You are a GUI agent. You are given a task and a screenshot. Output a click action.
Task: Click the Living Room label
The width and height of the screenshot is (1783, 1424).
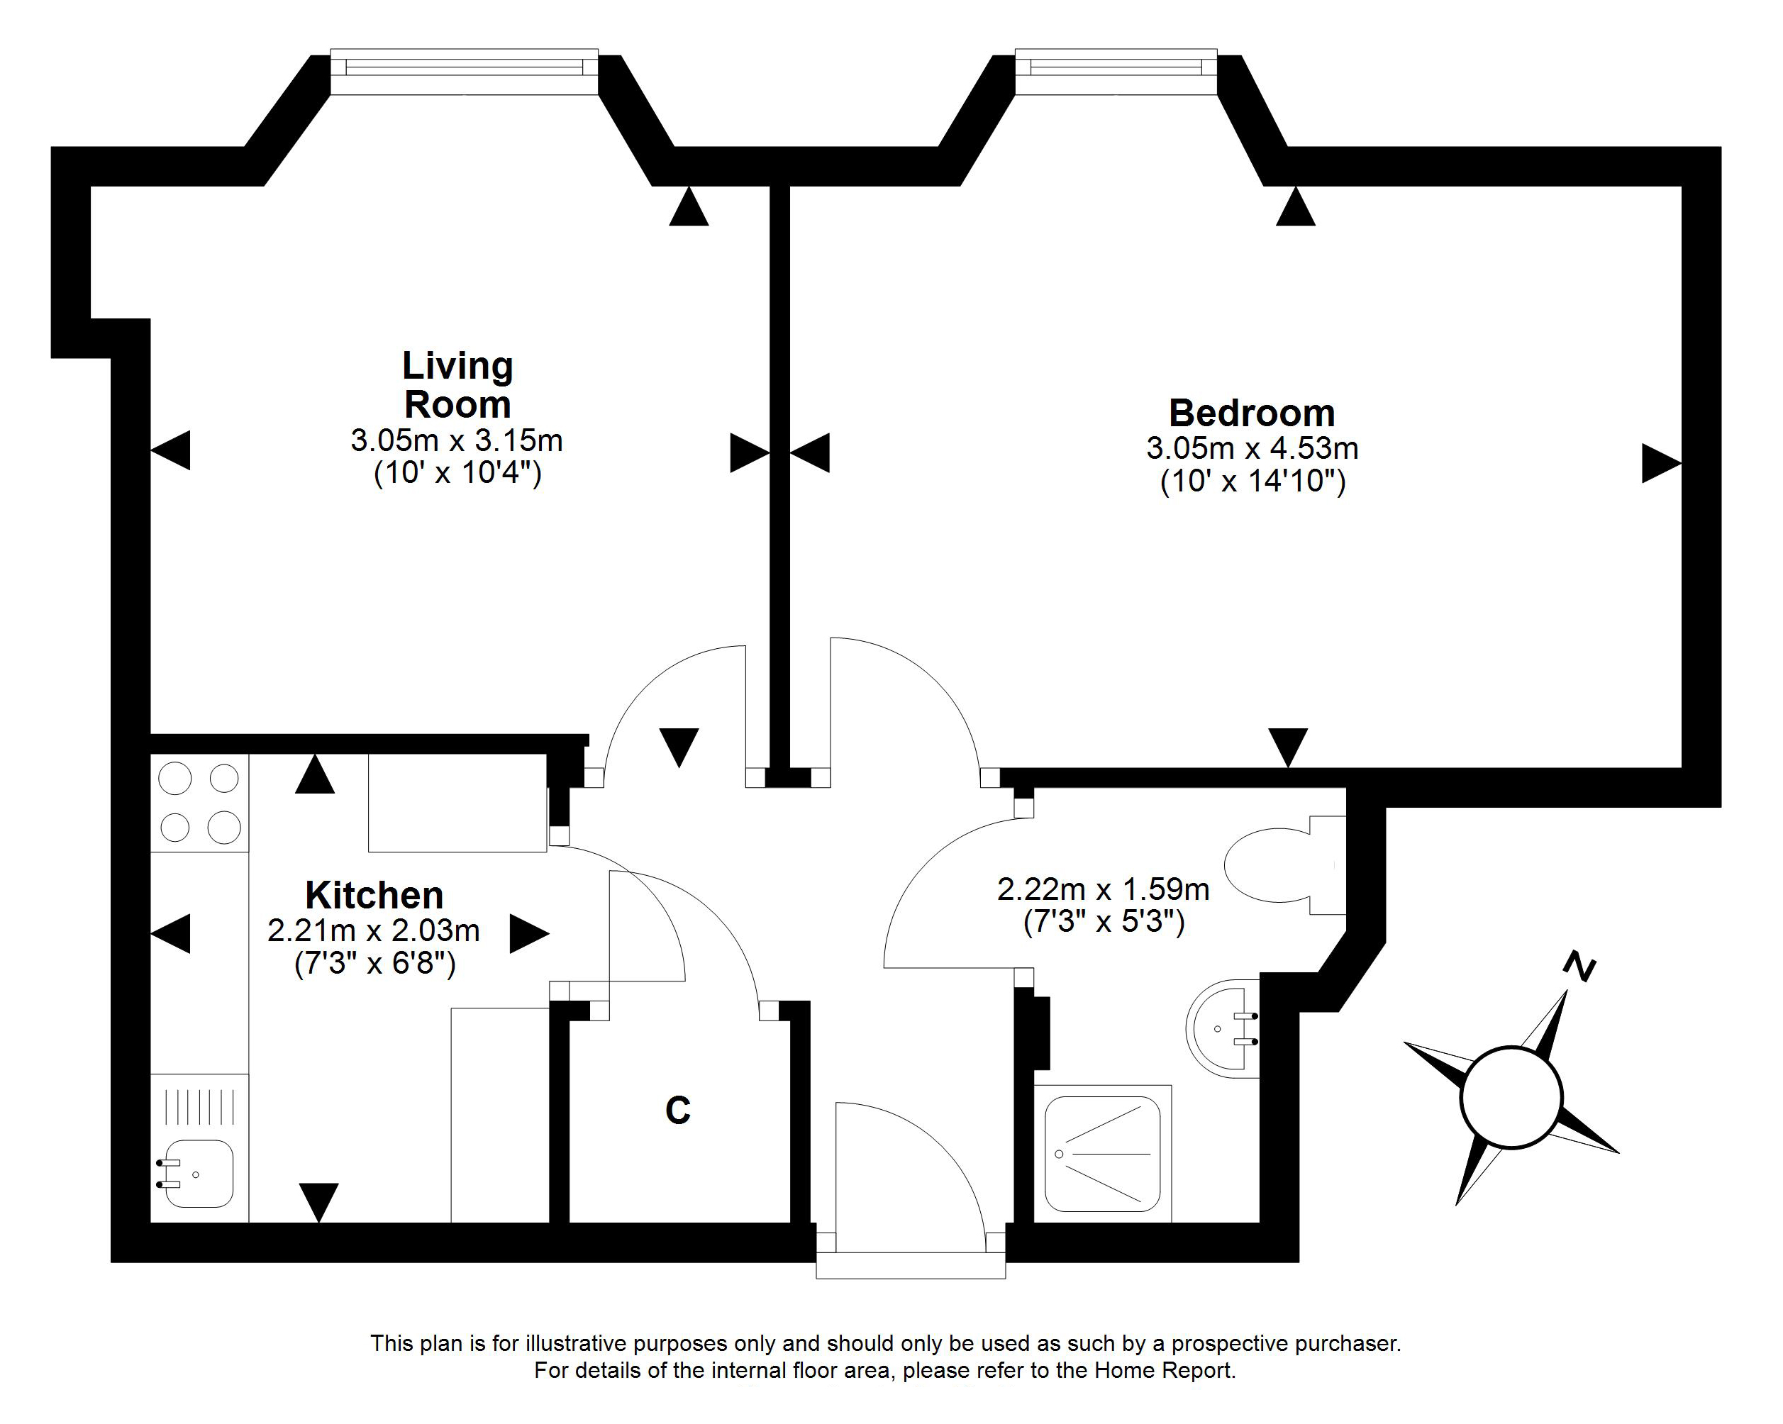tap(457, 385)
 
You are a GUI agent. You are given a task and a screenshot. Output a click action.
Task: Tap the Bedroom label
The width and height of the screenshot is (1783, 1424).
tap(1251, 413)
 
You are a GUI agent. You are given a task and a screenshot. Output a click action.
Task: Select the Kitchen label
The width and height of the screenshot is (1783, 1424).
tap(374, 895)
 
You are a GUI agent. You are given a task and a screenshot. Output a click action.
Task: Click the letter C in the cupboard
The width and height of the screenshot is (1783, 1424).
tap(677, 1111)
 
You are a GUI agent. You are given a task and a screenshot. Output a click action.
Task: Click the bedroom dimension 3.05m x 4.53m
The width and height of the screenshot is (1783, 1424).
tap(1251, 448)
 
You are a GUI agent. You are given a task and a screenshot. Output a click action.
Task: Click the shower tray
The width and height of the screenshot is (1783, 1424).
tap(1102, 1154)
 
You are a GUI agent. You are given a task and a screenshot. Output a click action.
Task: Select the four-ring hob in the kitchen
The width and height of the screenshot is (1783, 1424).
tap(199, 802)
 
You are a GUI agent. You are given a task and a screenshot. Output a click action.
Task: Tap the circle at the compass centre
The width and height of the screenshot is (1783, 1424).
tap(1511, 1097)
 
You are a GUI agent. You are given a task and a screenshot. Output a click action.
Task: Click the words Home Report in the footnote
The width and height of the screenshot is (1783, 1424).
tap(1165, 1370)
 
